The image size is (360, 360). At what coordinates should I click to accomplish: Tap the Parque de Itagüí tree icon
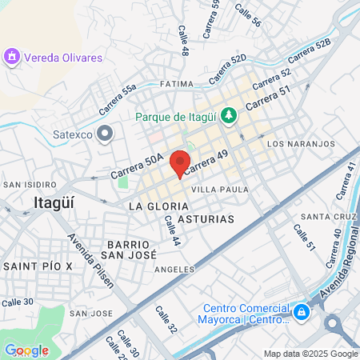click(229, 116)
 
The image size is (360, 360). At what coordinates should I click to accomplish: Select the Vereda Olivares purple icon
click(11, 57)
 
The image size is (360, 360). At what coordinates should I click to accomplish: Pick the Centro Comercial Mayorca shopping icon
click(301, 311)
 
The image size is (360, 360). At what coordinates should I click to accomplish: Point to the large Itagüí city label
click(55, 202)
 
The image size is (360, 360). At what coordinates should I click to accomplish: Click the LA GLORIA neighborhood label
click(151, 206)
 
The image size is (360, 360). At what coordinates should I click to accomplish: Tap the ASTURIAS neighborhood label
click(206, 218)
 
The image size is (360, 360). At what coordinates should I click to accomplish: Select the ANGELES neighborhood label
click(174, 269)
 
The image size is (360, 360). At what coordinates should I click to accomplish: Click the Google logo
click(26, 350)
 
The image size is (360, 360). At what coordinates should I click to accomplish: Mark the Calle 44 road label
click(171, 228)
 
